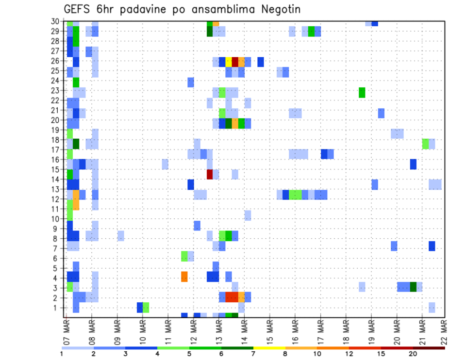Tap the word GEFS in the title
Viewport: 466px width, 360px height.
coord(77,9)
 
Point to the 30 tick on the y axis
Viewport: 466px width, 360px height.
coord(56,21)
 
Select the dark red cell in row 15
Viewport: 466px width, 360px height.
coord(210,174)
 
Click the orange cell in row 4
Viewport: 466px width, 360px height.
coord(184,277)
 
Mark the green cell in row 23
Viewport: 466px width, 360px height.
coord(362,92)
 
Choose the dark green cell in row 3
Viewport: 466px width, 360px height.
coord(413,287)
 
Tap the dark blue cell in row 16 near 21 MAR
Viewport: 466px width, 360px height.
coord(413,164)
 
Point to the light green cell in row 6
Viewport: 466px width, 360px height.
coord(184,256)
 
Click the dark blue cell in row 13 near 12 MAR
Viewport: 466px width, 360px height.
coord(191,184)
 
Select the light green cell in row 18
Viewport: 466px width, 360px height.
coord(426,144)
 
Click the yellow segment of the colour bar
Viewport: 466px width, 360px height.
coord(269,348)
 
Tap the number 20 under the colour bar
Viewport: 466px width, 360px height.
coord(413,354)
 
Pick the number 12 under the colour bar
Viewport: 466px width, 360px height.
coord(349,354)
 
